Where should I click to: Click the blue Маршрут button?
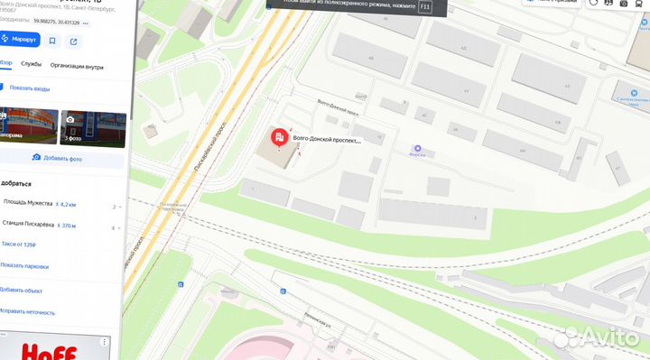point(19,41)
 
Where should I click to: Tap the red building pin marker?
point(280,138)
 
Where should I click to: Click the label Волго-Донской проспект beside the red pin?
point(327,140)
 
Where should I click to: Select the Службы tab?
point(32,66)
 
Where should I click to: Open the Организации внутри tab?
point(77,66)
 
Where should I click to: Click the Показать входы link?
point(29,88)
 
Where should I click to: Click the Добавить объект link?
point(22,290)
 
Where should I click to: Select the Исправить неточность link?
point(27,311)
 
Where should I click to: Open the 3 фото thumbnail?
point(90,126)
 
